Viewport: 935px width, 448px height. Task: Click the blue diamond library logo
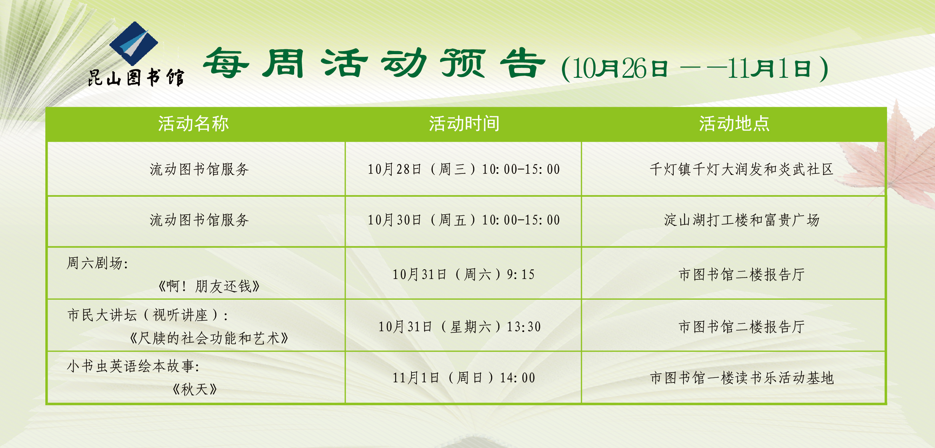click(133, 43)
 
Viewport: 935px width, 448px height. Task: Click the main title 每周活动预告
click(374, 63)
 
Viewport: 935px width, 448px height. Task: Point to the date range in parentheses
click(695, 69)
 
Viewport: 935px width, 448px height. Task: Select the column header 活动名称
click(194, 124)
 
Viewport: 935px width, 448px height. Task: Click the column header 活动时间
click(464, 124)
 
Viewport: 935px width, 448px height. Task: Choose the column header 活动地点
click(734, 124)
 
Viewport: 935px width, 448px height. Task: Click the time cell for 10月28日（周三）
click(464, 169)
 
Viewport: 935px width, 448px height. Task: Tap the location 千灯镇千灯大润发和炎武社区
click(741, 169)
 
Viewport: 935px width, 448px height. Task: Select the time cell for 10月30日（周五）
click(464, 220)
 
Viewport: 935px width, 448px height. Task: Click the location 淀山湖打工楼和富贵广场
click(741, 220)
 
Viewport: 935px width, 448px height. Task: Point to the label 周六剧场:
click(98, 263)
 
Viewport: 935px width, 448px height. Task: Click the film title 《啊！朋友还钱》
click(209, 286)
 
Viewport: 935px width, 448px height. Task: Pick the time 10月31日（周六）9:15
click(464, 275)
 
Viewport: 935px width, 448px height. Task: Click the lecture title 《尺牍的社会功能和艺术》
click(209, 338)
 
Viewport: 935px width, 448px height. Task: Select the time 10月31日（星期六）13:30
click(459, 327)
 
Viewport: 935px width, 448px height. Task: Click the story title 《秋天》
click(195, 390)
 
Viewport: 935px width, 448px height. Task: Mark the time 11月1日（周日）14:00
click(464, 378)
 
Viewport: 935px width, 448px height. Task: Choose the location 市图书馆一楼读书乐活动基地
click(741, 378)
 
